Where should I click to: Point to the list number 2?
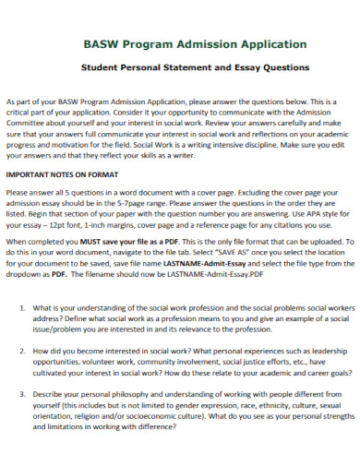coord(22,352)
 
